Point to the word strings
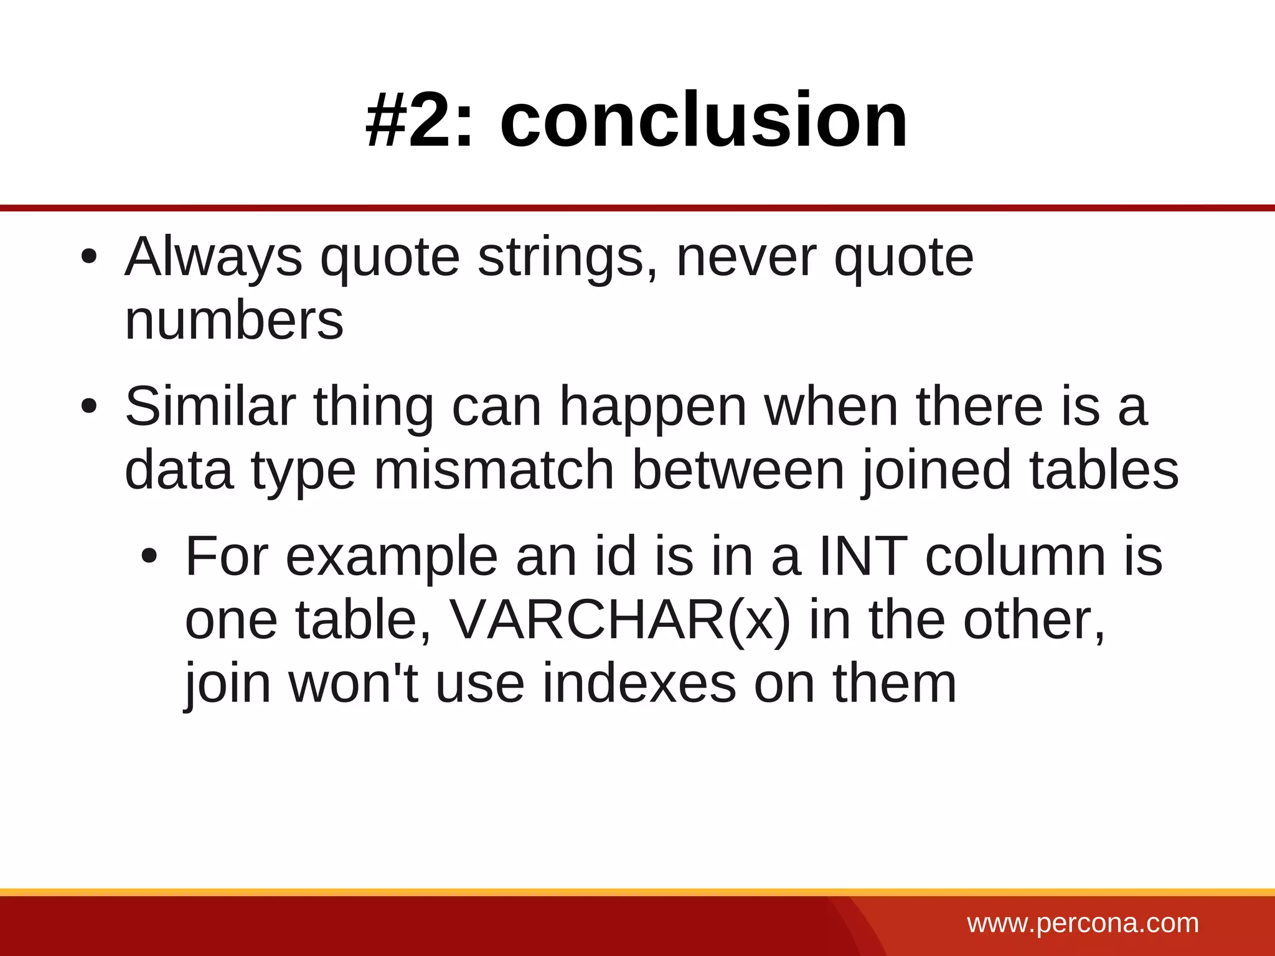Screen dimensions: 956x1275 [x=567, y=258]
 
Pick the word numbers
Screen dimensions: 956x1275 [x=234, y=321]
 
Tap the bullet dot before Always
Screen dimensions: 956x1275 [x=89, y=256]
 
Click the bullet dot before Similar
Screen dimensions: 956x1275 [x=89, y=406]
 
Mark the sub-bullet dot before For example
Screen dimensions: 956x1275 [x=149, y=556]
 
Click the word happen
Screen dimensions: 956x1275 [x=653, y=408]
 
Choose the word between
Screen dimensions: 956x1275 [x=738, y=471]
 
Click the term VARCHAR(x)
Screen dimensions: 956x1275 [x=619, y=621]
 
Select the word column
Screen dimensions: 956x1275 [x=1015, y=556]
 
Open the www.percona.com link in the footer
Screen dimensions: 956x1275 [x=1083, y=923]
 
